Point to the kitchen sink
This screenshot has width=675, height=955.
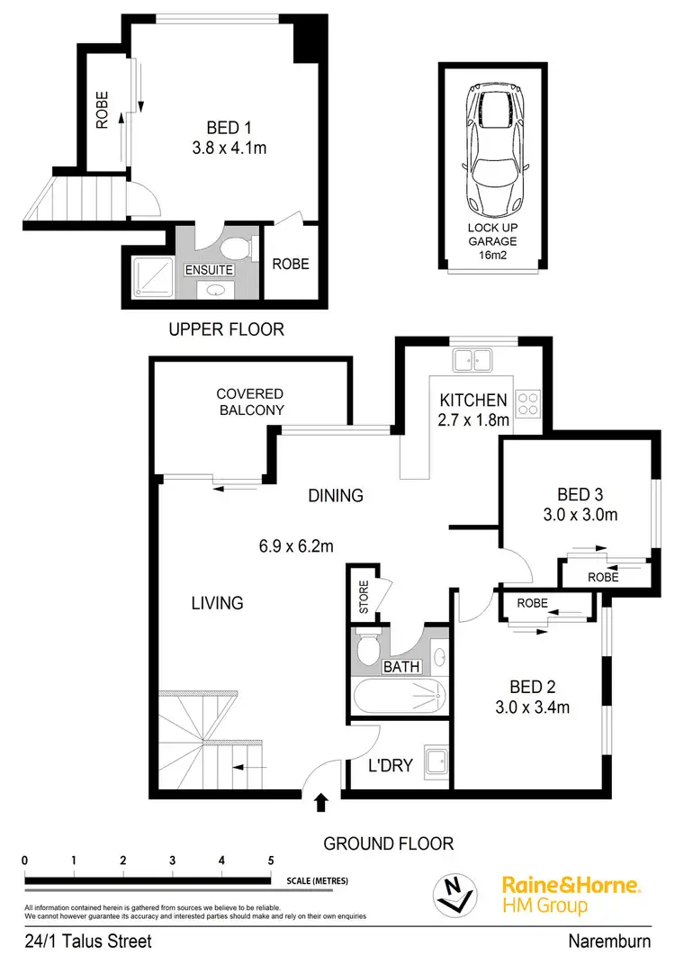point(472,362)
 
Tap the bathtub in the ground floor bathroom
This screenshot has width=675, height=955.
point(399,698)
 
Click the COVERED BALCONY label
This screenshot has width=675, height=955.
point(249,401)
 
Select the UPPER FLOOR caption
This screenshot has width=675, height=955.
point(226,330)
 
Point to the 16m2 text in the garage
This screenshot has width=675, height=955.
point(491,255)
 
